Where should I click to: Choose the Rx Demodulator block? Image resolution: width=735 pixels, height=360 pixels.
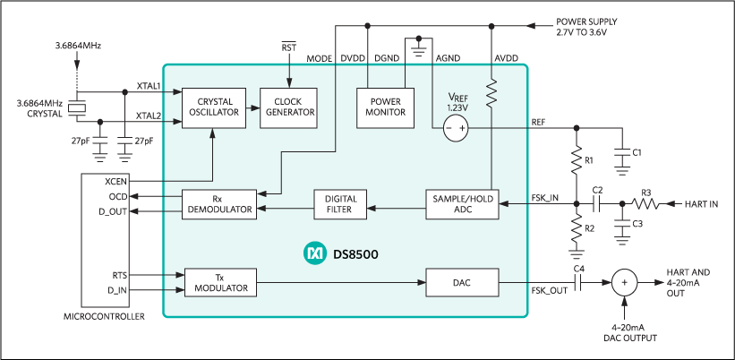coord(218,203)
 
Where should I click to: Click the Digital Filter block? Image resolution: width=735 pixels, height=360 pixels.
coord(341,203)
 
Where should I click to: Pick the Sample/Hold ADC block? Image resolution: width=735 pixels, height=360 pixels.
coord(460,203)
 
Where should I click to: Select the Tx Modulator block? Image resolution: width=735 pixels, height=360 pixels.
coord(218,282)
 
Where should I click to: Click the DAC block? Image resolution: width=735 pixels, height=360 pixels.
coord(460,283)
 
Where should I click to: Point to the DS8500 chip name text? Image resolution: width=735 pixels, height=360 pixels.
coord(355,255)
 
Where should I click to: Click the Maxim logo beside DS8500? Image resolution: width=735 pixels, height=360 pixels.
coord(315,255)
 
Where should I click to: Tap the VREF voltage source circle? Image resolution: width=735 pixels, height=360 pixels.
coord(456,129)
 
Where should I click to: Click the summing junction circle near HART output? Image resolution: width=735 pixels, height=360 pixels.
coord(628,283)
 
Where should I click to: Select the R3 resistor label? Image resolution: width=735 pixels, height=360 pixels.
coord(645,191)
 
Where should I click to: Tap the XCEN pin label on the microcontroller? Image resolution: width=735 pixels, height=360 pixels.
coord(119,181)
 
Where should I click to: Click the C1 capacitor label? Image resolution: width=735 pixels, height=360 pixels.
coord(637,153)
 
